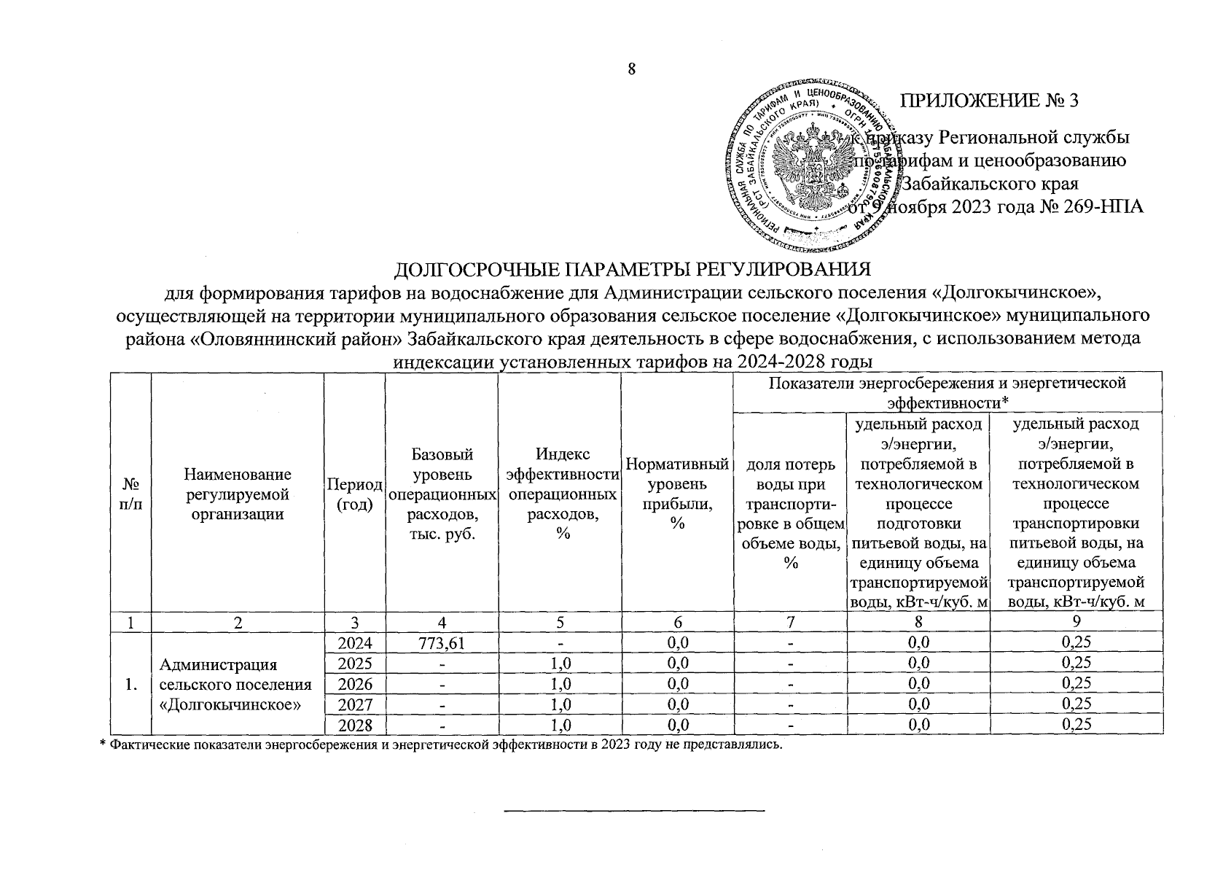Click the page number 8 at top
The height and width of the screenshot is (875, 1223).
tap(632, 69)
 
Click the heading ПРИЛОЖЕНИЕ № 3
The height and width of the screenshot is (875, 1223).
tap(989, 101)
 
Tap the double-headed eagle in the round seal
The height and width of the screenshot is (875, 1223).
tap(810, 166)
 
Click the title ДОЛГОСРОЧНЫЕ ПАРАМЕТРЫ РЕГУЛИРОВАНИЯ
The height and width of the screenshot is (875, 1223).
tap(632, 271)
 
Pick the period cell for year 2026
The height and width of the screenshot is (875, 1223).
tap(355, 685)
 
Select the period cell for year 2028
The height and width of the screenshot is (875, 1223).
tap(355, 726)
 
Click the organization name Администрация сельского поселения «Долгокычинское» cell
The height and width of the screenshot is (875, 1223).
tap(237, 685)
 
